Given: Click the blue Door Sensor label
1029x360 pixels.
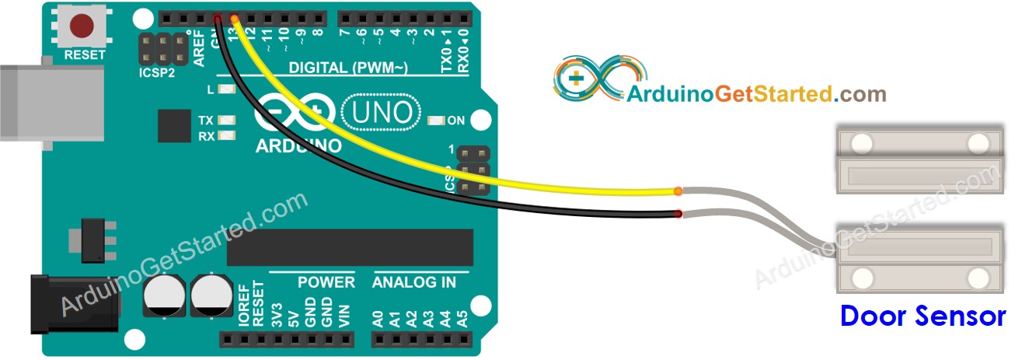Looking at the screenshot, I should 923,316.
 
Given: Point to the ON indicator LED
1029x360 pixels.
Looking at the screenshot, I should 436,121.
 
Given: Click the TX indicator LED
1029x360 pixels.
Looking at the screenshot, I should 228,121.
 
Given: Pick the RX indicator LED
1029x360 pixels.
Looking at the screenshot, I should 228,136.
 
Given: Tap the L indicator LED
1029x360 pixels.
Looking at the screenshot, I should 228,89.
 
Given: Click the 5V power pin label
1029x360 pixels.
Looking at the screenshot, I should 293,314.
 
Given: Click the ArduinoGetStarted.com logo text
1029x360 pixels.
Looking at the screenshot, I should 755,94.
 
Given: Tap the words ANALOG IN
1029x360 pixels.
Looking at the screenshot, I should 414,282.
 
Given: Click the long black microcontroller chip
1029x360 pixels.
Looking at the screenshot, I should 350,247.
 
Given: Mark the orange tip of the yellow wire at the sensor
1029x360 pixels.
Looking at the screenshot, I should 678,190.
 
